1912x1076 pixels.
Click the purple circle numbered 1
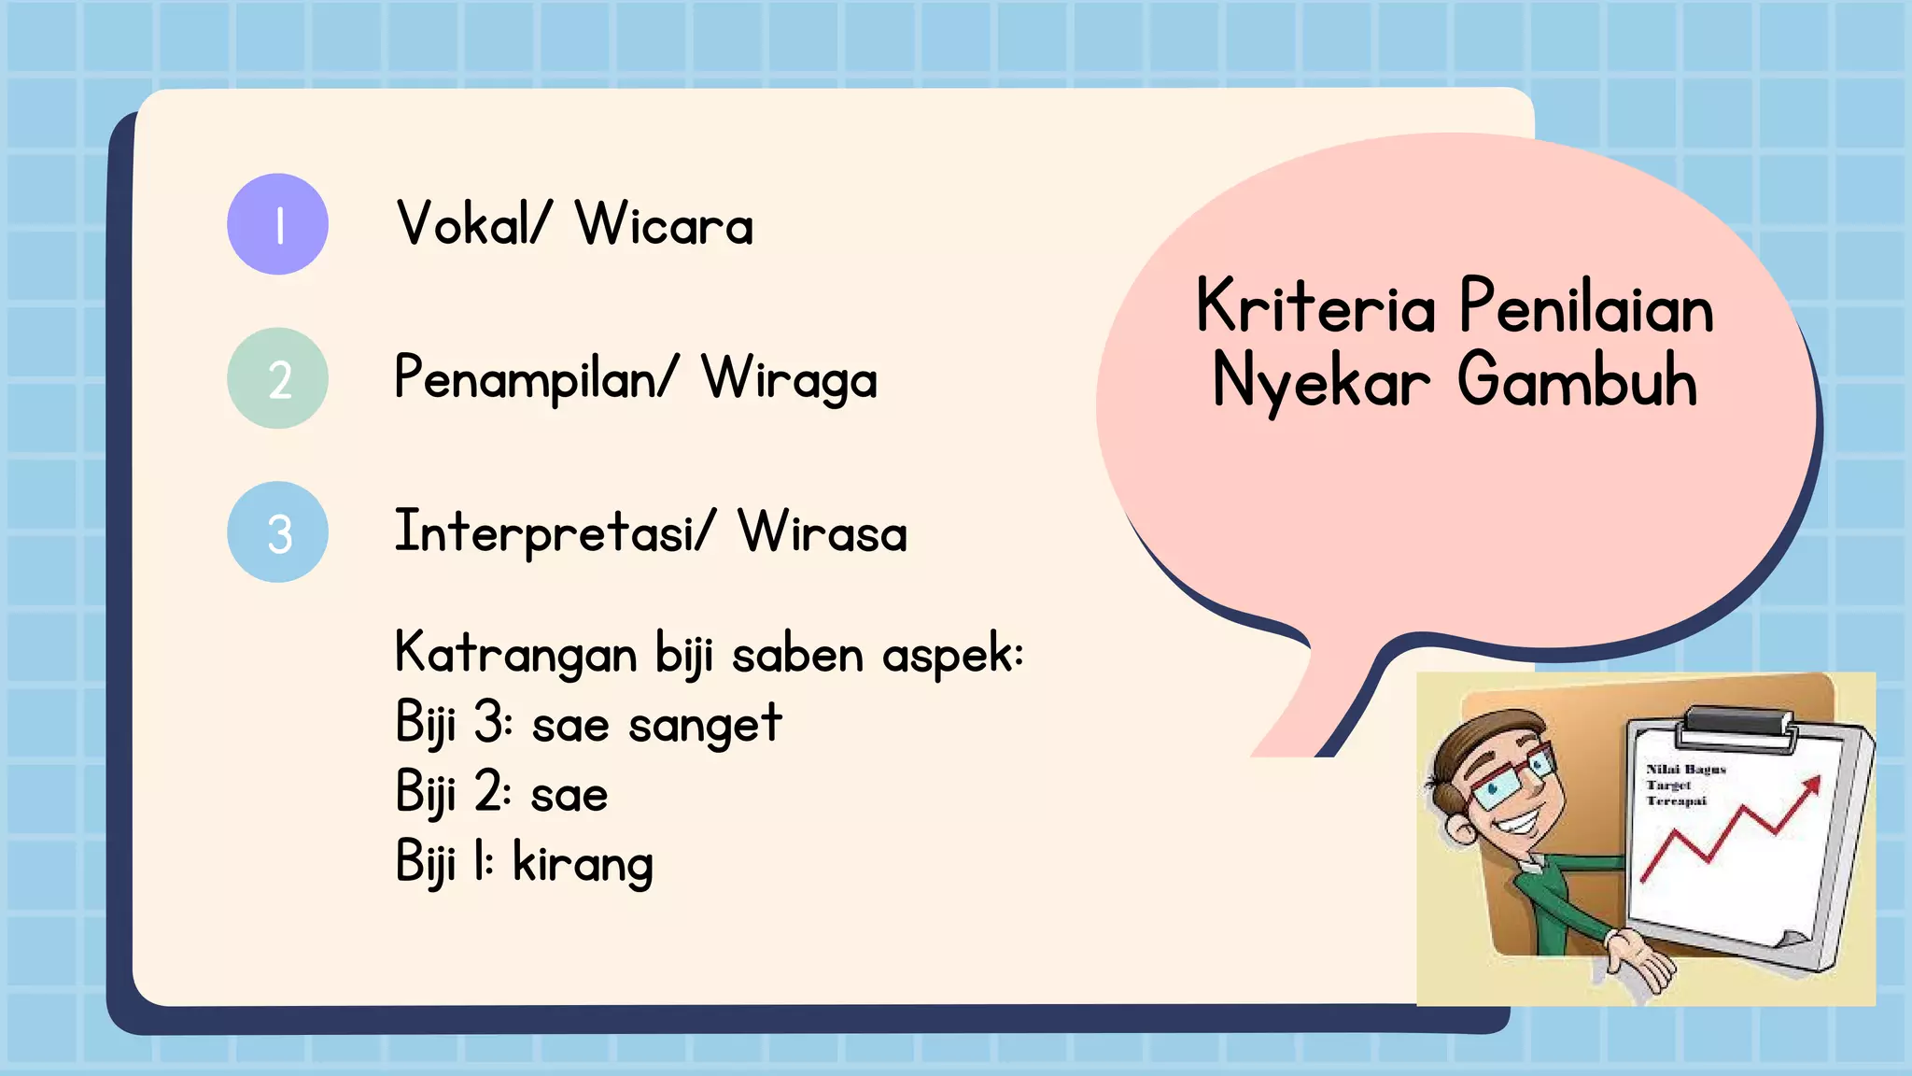277,224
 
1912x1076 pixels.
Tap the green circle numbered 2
277,378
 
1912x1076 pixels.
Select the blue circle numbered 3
277,532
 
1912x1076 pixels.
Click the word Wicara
664,224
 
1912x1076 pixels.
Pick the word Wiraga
789,379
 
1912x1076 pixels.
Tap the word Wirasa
822,532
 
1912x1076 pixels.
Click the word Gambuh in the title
1578,381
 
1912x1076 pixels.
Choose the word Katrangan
516,653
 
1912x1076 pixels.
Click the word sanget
705,724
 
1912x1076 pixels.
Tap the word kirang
583,863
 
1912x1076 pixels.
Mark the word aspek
951,653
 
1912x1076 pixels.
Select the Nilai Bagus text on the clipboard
1686,770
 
